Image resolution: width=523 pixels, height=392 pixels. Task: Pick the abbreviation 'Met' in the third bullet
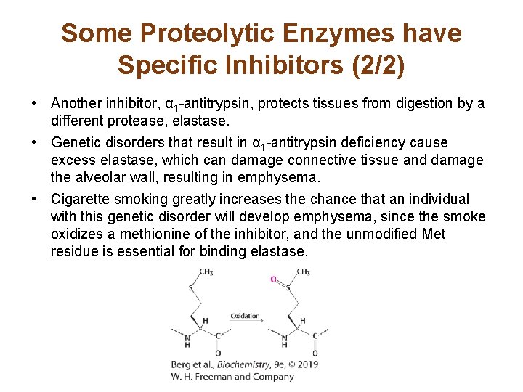tap(431, 234)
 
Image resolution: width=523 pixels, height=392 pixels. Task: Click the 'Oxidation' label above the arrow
tap(245, 316)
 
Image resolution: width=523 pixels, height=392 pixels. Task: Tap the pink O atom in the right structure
tap(273, 279)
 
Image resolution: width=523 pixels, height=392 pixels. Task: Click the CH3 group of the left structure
tap(206, 272)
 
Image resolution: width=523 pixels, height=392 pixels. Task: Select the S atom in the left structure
tap(191, 287)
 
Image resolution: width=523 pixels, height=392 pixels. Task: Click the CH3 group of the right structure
tap(303, 272)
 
